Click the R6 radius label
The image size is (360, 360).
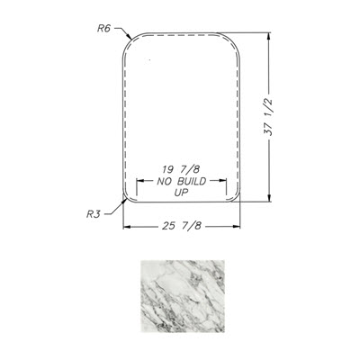(x=104, y=29)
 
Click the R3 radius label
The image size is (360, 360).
(x=94, y=214)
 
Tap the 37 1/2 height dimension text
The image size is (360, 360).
(x=269, y=117)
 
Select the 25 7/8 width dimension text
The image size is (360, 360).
(x=182, y=226)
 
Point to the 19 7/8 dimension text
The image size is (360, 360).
(x=181, y=170)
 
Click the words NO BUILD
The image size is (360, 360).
(x=182, y=181)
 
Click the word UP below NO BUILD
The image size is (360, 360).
(x=181, y=193)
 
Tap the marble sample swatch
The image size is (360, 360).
(x=183, y=296)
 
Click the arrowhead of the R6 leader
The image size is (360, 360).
(x=129, y=37)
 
